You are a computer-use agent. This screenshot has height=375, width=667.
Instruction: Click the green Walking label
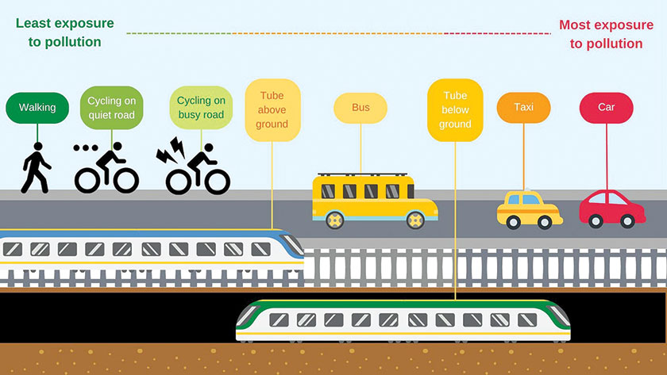pyautogui.click(x=37, y=107)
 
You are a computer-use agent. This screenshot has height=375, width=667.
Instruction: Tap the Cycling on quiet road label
pyautogui.click(x=111, y=108)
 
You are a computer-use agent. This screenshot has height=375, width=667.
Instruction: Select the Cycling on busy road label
pyautogui.click(x=201, y=108)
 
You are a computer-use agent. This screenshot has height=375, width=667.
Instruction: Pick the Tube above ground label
pyautogui.click(x=272, y=109)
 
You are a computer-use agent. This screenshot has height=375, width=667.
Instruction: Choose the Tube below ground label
pyautogui.click(x=455, y=109)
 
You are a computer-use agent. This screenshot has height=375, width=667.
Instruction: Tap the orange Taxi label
pyautogui.click(x=523, y=107)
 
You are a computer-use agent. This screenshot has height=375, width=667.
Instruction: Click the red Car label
pyautogui.click(x=606, y=107)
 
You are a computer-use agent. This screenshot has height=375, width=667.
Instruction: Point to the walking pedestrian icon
pyautogui.click(x=35, y=168)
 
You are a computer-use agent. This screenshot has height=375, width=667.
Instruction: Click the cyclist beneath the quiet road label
pyautogui.click(x=107, y=169)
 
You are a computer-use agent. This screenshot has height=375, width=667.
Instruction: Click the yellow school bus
pyautogui.click(x=374, y=198)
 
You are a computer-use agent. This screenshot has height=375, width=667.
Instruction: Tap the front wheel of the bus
pyautogui.click(x=337, y=218)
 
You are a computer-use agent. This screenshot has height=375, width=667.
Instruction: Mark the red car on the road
pyautogui.click(x=611, y=209)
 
